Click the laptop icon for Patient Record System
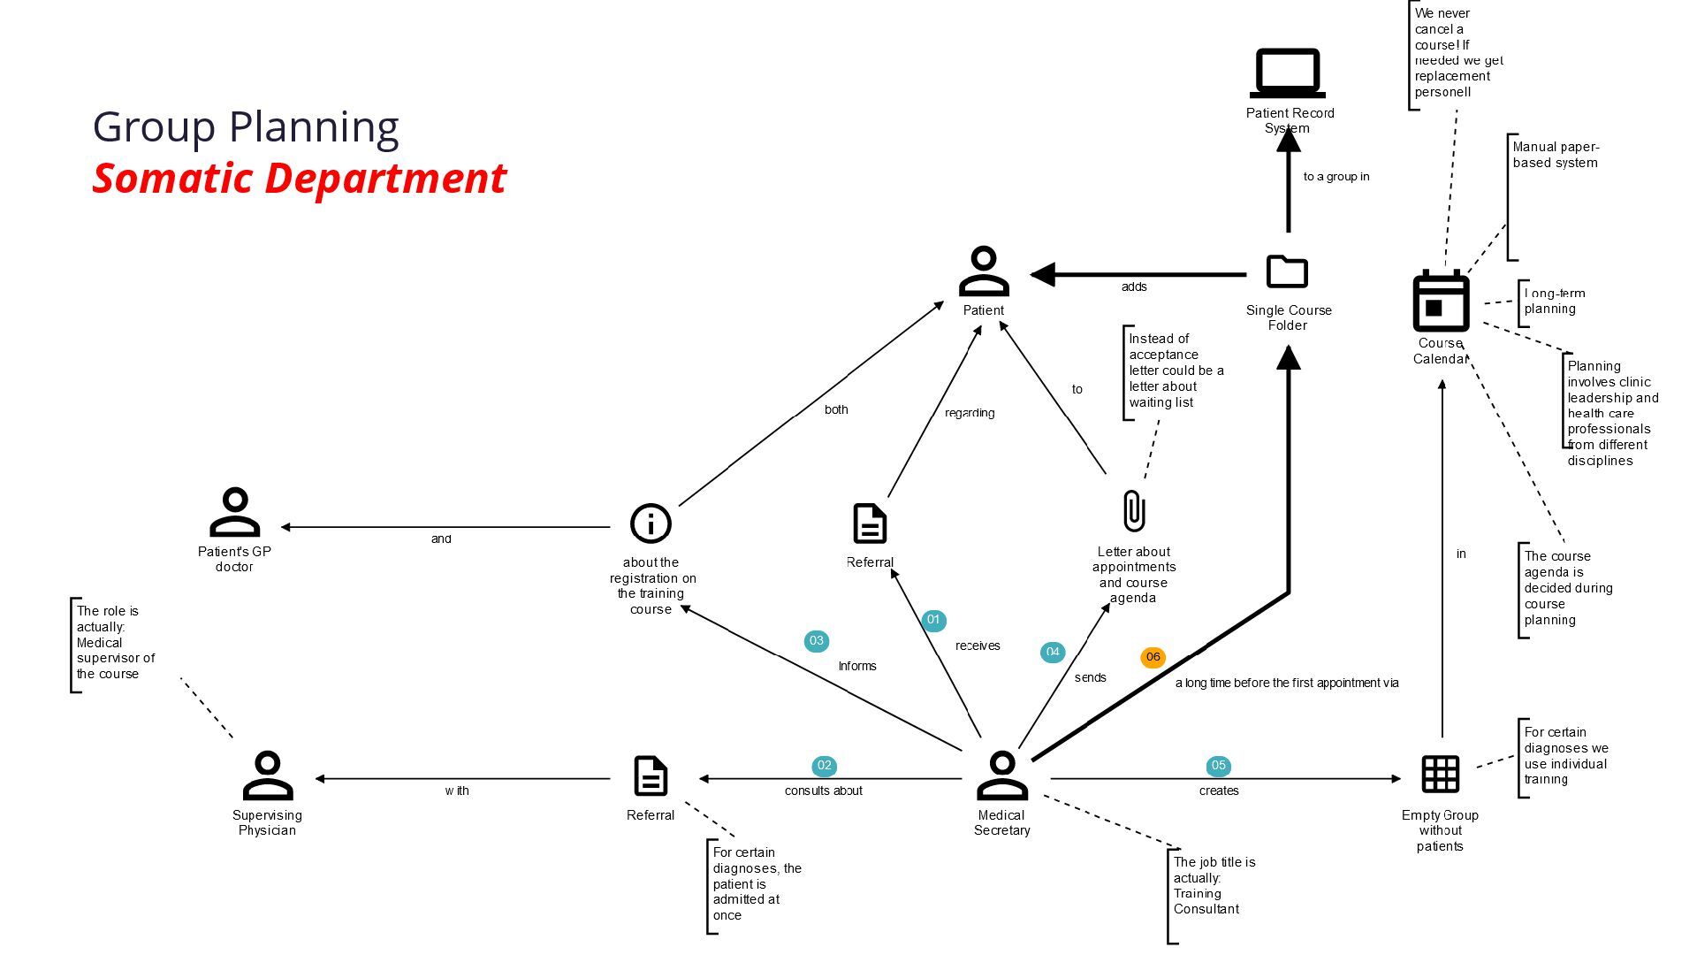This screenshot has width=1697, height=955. tap(1287, 73)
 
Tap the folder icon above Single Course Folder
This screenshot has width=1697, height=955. tap(1287, 271)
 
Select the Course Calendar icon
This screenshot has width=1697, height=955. tap(1441, 301)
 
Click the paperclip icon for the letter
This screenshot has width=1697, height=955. tap(1133, 511)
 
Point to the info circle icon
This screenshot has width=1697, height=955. tap(651, 523)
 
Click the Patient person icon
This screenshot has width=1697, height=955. tap(984, 271)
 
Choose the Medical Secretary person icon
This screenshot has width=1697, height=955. tap(1002, 775)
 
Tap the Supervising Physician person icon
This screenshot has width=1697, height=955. tap(267, 775)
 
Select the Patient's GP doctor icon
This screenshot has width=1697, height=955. tap(234, 512)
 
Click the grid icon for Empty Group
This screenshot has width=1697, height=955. tap(1440, 775)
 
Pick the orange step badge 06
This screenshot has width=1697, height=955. tap(1153, 657)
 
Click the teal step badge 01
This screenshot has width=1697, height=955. tap(933, 620)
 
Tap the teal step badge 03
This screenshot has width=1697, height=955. tap(816, 641)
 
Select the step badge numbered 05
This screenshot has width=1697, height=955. tap(1218, 766)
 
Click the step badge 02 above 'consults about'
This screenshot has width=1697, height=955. tap(824, 766)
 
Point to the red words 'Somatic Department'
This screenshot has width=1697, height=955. tap(299, 178)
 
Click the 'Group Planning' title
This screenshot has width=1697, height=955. tap(246, 126)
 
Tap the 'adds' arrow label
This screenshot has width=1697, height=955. tap(1134, 287)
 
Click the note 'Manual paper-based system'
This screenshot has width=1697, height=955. tap(1556, 155)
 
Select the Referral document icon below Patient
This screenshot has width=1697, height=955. tap(870, 523)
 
